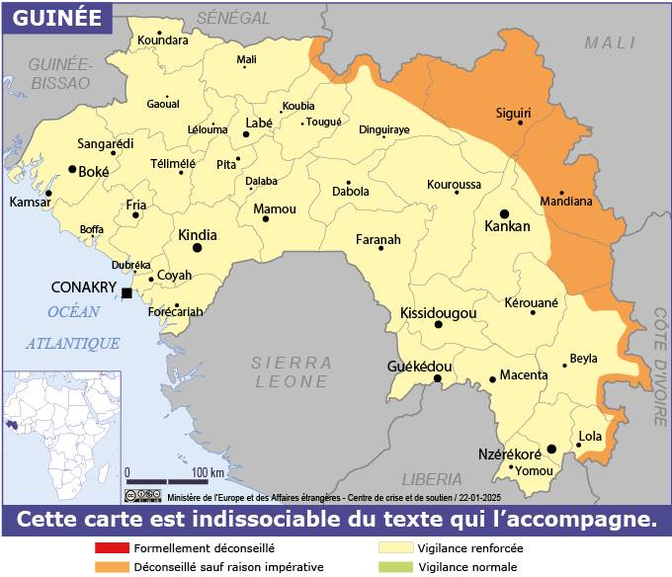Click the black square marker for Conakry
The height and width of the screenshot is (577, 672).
tap(126, 292)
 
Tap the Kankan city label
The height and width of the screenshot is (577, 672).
tap(507, 226)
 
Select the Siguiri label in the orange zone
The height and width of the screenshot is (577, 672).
tap(512, 114)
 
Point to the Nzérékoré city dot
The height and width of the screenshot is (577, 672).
tap(551, 449)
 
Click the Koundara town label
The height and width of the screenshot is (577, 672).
tap(163, 40)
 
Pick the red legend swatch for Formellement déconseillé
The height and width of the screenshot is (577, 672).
tap(112, 547)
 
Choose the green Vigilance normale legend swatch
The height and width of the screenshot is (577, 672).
tap(397, 567)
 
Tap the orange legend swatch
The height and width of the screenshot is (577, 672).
tap(112, 567)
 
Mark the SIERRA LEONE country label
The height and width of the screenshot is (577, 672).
tap(291, 371)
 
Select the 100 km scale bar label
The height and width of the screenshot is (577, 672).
tap(208, 471)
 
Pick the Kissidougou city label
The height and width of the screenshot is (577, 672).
tap(439, 313)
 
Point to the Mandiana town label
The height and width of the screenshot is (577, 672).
tap(566, 202)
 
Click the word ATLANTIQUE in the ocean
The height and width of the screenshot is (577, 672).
tap(73, 343)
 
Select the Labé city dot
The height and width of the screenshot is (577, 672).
tap(246, 133)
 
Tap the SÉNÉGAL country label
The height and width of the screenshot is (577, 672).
tap(233, 18)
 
